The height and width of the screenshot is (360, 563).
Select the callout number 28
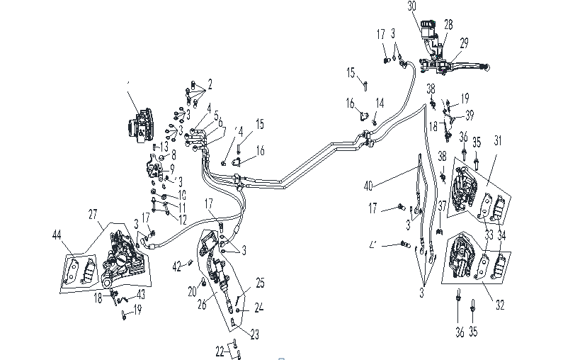pos(448,25)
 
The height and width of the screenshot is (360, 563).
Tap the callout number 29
pos(464,43)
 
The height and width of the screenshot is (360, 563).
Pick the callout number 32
pos(500,307)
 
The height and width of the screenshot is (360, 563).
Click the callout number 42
pos(177,266)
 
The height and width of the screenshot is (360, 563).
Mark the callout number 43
pos(142,294)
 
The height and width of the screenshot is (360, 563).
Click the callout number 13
pos(164,146)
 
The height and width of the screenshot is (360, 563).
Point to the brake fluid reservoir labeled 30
pos(428,29)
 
